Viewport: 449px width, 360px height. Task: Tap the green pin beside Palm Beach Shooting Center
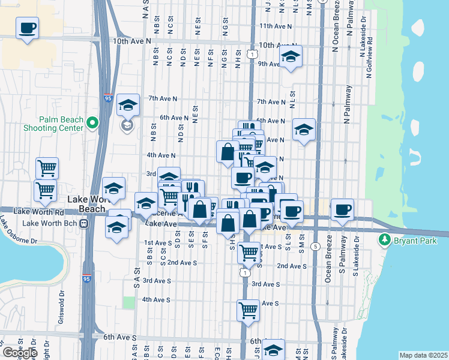coord(92,123)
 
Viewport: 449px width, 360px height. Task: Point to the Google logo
coord(20,353)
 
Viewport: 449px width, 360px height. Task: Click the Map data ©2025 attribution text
coord(423,355)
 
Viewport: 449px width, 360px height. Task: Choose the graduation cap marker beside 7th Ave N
coord(128,105)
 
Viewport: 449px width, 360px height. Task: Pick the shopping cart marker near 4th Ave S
coord(248,310)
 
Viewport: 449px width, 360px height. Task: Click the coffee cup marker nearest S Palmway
coord(342,210)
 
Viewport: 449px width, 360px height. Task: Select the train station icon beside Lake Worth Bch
coord(84,223)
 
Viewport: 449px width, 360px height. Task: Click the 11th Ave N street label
coord(275,26)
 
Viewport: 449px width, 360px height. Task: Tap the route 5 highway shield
coord(315,246)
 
